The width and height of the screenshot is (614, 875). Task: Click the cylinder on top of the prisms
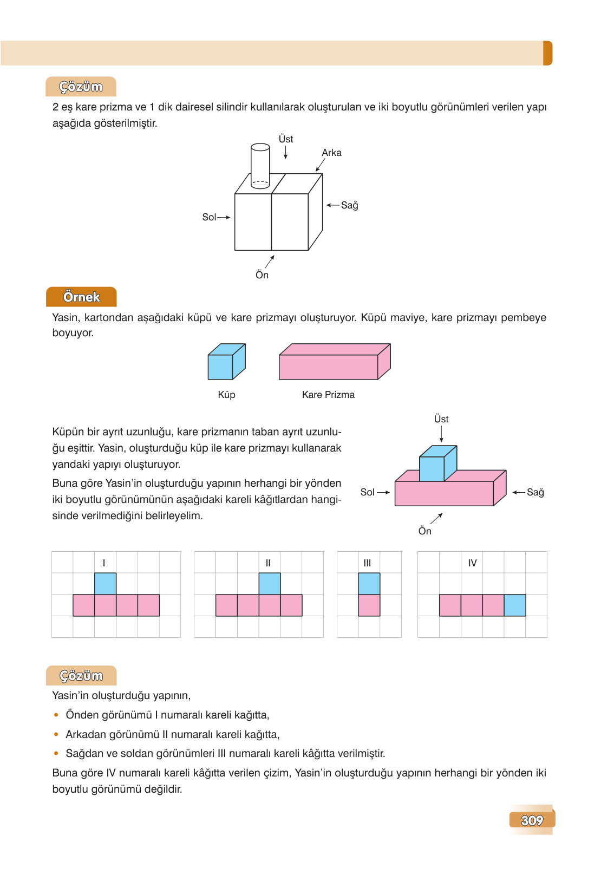260,165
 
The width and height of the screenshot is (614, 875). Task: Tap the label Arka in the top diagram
331,153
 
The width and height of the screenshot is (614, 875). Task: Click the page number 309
532,820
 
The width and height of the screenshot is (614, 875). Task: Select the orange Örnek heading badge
81,297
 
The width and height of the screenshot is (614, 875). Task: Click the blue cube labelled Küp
225,362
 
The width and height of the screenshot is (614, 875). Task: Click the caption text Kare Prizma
328,395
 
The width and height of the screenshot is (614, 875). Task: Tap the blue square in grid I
105,584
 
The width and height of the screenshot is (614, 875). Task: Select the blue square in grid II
270,584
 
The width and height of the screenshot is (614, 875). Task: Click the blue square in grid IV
514,605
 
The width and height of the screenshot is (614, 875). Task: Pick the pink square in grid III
369,605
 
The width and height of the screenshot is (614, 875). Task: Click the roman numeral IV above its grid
472,563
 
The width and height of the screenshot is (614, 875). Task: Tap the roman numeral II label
268,563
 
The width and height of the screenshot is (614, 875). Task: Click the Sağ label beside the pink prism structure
535,492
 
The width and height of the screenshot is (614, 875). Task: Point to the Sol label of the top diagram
209,217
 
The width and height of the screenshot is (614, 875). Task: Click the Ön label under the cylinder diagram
262,275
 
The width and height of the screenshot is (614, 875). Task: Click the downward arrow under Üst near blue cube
441,434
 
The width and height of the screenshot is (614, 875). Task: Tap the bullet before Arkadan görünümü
56,734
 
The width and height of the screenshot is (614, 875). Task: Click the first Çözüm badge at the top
81,87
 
